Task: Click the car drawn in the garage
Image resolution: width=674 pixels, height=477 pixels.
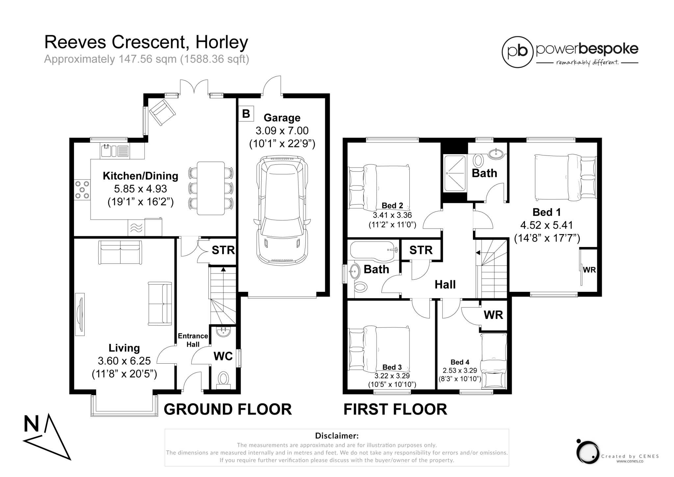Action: point(282,210)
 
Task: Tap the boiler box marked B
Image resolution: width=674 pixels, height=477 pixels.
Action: point(246,114)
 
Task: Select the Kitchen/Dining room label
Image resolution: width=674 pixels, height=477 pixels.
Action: point(141,176)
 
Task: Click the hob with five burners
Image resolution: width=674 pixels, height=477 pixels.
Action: point(82,190)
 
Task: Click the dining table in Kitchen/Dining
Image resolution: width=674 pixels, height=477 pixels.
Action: point(211,188)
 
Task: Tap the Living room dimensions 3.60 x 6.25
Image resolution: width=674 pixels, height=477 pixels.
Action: point(124,361)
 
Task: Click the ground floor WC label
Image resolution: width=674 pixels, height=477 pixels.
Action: point(223,356)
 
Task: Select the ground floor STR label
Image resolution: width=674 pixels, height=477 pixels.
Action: point(223,250)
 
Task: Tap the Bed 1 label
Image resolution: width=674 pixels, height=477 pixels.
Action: point(546,212)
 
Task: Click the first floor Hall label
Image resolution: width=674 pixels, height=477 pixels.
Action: point(445,285)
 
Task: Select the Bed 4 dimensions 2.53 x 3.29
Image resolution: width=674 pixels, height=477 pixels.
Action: point(460,371)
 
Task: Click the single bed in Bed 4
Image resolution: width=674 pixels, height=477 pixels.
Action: point(493,360)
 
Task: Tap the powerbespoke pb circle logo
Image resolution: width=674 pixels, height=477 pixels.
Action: point(517,52)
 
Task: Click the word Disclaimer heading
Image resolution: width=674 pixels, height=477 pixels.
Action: point(337,436)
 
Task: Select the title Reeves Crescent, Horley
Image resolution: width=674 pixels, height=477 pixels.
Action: point(146,42)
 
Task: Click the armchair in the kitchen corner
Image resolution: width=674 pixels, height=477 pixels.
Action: point(162,112)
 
